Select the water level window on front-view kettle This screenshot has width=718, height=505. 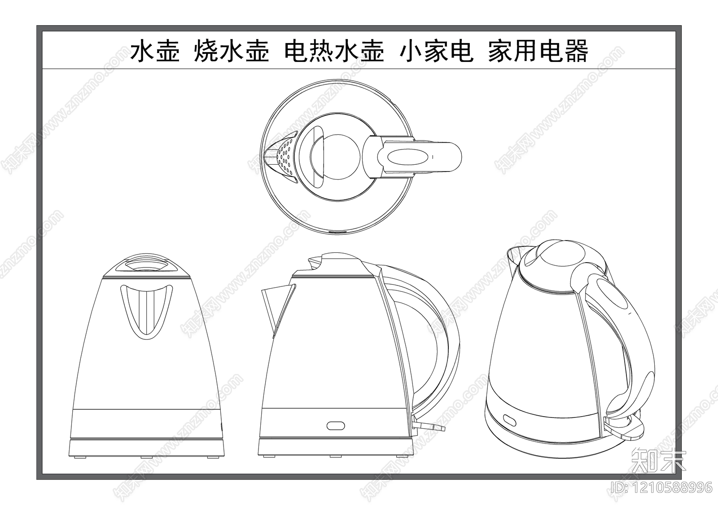pyautogui.click(x=146, y=310)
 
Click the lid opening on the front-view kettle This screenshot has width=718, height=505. pyautogui.click(x=146, y=265)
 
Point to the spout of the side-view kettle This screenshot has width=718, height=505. pyautogui.click(x=275, y=305)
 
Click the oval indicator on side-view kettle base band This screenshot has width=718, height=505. pyautogui.click(x=335, y=425)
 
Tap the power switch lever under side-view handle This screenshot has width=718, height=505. pyautogui.click(x=429, y=426)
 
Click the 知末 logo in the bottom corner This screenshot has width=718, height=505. pyautogui.click(x=658, y=461)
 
